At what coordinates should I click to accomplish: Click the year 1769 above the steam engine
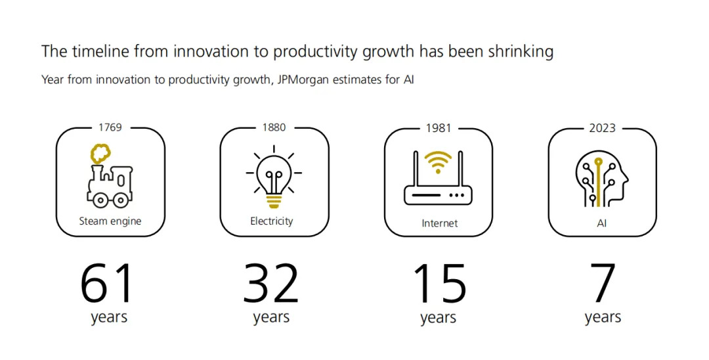(110, 127)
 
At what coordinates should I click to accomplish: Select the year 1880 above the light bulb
(274, 127)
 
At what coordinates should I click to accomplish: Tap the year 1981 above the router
(438, 128)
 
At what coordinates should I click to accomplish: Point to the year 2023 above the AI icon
(602, 128)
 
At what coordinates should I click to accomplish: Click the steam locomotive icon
(110, 175)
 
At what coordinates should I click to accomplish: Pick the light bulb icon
(274, 177)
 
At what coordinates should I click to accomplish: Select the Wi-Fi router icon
(438, 178)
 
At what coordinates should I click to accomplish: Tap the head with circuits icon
(602, 179)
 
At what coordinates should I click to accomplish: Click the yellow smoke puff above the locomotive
(101, 154)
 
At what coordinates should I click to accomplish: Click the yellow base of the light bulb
(273, 200)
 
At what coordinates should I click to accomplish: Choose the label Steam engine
(110, 221)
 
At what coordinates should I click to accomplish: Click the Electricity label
(272, 221)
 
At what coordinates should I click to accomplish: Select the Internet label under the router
(439, 223)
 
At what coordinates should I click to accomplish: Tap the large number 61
(107, 284)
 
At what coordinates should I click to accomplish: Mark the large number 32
(271, 284)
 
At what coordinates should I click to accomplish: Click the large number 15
(439, 284)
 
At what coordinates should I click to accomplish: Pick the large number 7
(603, 284)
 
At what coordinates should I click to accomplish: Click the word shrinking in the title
(521, 51)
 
